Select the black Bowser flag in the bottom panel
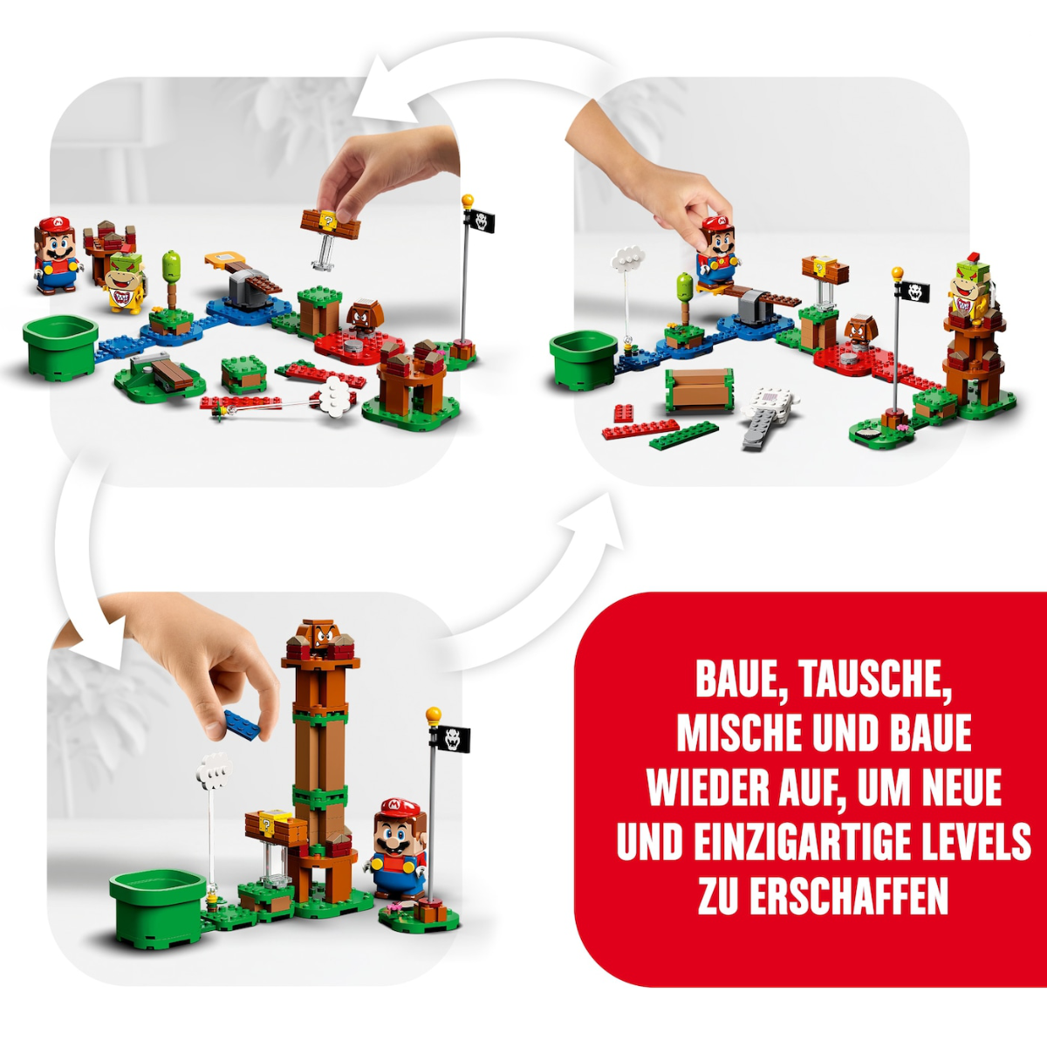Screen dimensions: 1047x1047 [x=452, y=739]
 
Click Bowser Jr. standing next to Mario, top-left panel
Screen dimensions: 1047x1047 [x=126, y=283]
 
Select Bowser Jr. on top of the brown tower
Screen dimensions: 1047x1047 [x=970, y=287]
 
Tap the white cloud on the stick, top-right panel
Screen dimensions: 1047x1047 [x=627, y=258]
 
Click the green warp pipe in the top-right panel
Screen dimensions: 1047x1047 [x=584, y=360]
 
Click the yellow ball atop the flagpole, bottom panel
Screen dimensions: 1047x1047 [x=433, y=715]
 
